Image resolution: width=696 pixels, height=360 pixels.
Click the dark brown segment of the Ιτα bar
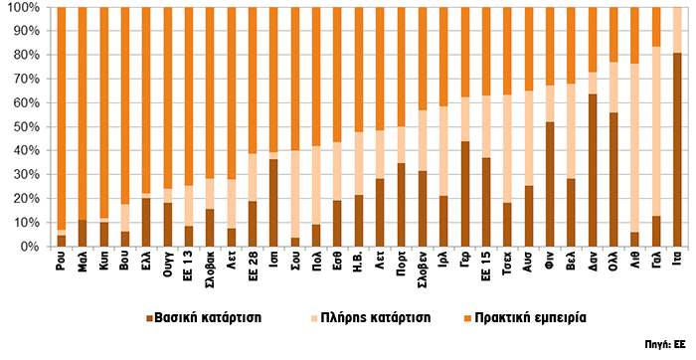(677, 149)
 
